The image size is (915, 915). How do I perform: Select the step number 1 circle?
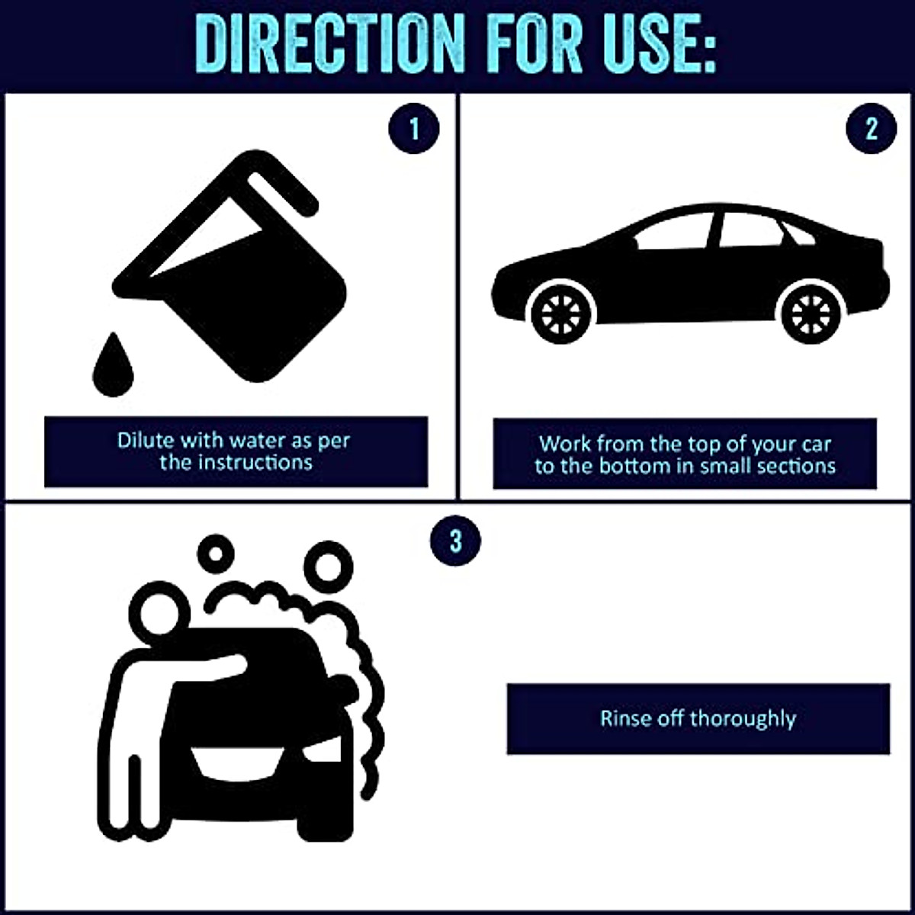pos(414,128)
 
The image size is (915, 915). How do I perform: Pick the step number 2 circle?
pos(872,128)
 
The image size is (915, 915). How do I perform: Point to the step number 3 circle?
pos(455,541)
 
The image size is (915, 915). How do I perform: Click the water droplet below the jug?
pos(113,366)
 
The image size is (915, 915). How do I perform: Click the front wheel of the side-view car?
pos(562,313)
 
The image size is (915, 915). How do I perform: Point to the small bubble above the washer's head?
pos(215,554)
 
